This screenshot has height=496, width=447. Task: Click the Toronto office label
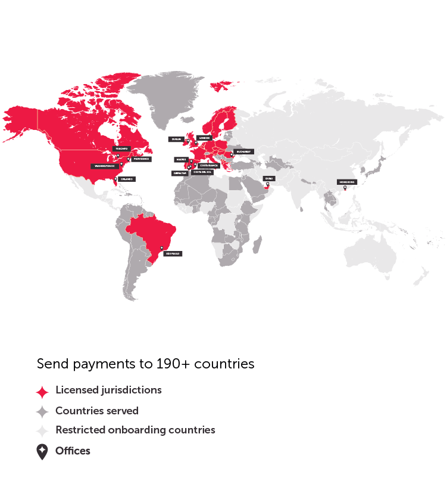coord(122,148)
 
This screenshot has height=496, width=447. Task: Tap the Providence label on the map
coord(140,159)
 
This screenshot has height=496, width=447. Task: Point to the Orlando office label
coord(126,179)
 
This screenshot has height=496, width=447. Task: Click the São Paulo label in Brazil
coord(173,253)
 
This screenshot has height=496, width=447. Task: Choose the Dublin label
coord(176,139)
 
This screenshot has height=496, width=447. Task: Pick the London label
coord(204,137)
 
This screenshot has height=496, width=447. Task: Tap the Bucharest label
coord(243,151)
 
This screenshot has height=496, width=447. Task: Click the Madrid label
coord(181,159)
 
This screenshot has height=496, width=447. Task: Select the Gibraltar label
coord(180,173)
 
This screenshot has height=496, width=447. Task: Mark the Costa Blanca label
coord(209,165)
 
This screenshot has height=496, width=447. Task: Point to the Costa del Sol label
coord(203,172)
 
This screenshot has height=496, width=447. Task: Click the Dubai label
coord(269,178)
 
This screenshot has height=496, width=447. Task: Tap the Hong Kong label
coord(346,182)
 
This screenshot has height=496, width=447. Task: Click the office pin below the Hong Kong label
coord(345,188)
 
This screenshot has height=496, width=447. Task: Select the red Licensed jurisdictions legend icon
coord(42,392)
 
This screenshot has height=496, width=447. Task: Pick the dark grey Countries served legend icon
coord(42,411)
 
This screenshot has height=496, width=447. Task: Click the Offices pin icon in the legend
coord(42,452)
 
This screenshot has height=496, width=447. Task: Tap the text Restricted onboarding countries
coord(135,430)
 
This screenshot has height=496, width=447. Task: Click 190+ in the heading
coord(174,364)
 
